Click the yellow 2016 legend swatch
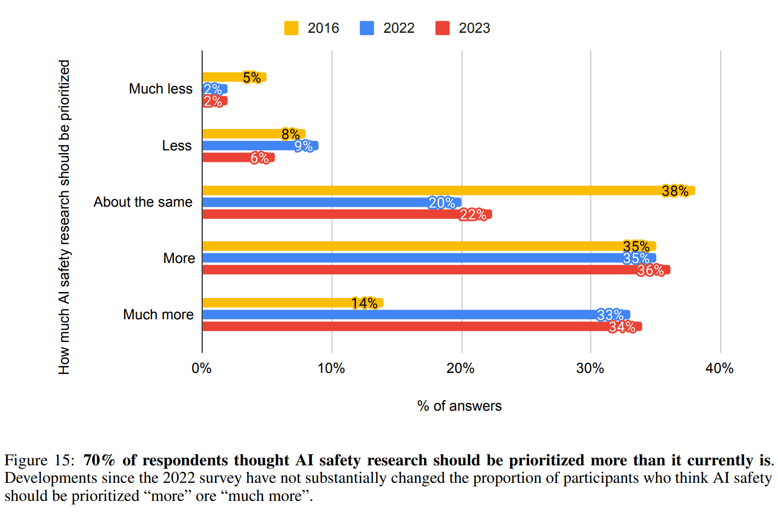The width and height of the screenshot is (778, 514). coord(291,28)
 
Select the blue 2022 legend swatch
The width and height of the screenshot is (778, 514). coord(367,28)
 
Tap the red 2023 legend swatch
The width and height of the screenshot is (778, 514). coord(442,28)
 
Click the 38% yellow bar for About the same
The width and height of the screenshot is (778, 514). coord(437,190)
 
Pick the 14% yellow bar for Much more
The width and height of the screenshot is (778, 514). coord(284,303)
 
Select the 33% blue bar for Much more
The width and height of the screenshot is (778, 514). coord(405,314)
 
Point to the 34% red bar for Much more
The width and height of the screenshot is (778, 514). coord(410,326)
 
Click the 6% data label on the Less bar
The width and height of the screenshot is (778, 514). coord(260,158)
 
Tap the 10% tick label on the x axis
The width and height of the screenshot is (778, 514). coord(331,369)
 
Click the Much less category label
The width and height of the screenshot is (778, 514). coord(161,89)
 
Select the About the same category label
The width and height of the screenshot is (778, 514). coord(143,202)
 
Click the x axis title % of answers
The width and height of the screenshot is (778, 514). coord(459,406)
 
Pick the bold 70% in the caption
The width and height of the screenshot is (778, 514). coord(99,460)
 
